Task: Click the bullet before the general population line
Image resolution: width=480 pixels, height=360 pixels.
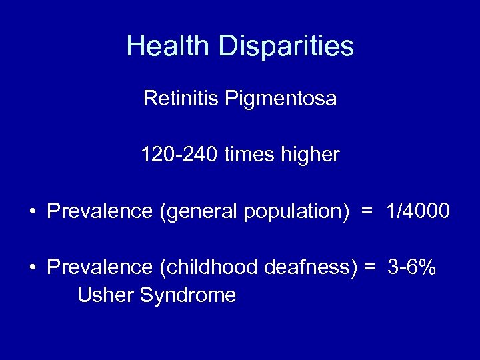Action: pyautogui.click(x=33, y=212)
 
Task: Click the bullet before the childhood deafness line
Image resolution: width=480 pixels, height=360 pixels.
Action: pyautogui.click(x=33, y=268)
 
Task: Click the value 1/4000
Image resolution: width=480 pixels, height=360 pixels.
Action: pyautogui.click(x=418, y=211)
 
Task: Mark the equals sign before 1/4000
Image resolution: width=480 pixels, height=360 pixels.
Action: pyautogui.click(x=366, y=212)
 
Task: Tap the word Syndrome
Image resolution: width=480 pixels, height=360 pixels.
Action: pyautogui.click(x=188, y=295)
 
